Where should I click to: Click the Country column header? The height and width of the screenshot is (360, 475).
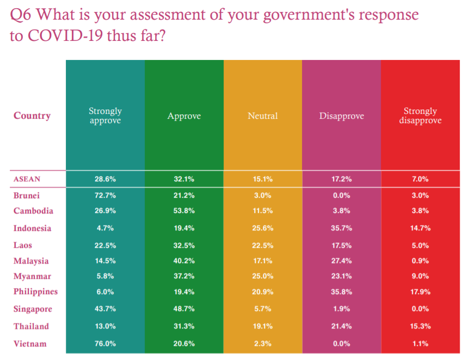coord(32,115)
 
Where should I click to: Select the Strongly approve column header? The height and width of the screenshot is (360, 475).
coord(105,115)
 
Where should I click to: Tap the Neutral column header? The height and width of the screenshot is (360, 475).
coord(262,115)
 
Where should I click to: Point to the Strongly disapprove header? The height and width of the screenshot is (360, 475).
coord(420,115)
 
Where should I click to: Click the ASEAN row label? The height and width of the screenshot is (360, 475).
coord(27,179)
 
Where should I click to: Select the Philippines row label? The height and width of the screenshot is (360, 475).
coord(35,291)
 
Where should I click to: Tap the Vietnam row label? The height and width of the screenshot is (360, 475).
coord(30,344)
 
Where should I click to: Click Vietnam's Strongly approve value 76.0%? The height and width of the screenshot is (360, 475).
coord(105,344)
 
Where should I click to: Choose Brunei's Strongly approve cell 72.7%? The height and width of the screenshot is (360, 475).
coord(105,195)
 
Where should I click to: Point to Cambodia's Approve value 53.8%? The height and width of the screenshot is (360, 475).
coord(184,211)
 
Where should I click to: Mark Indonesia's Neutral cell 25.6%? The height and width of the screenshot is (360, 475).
coord(262,228)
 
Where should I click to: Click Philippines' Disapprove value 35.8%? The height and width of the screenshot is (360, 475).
coord(341,291)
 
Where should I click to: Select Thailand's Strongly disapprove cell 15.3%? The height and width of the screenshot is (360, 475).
coord(420,326)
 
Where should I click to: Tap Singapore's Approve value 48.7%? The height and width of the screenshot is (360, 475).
coord(184,309)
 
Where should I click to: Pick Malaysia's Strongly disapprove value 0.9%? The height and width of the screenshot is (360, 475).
coord(420,261)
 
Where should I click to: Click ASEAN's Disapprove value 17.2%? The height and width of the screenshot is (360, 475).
coord(341,179)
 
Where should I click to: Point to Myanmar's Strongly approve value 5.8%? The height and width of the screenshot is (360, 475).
coord(105,276)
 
